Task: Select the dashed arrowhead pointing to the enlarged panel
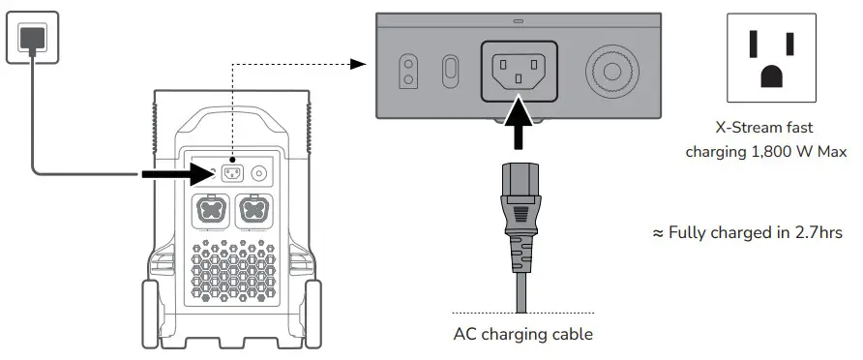[360, 65]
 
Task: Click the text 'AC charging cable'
[522, 335]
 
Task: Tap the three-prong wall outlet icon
[771, 58]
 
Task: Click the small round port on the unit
[258, 174]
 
